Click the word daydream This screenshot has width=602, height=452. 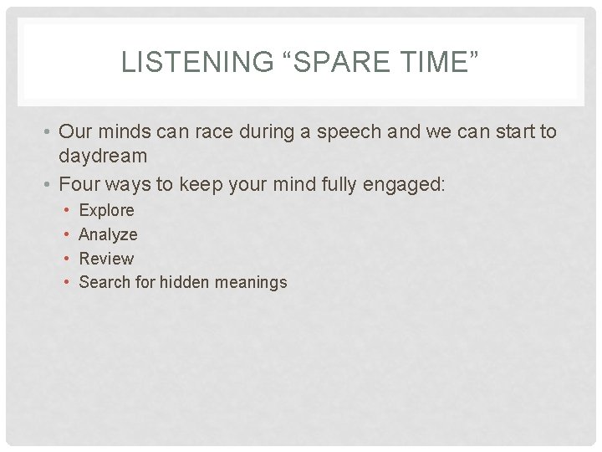[103, 156]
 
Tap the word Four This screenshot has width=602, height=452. [79, 184]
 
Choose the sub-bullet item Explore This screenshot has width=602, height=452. [106, 210]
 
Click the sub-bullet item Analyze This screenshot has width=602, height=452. [108, 234]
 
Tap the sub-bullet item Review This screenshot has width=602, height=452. [106, 259]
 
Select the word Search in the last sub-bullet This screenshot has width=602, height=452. [105, 282]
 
